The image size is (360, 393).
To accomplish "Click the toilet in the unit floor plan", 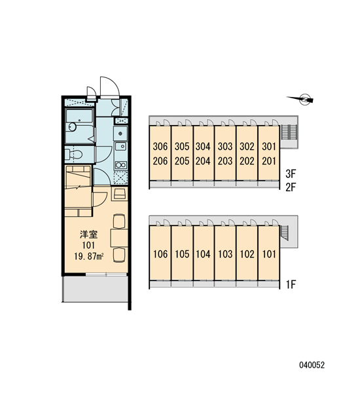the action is (x=74, y=154).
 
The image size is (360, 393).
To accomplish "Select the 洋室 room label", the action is (x=88, y=234).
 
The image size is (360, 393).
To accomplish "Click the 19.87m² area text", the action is (x=89, y=257).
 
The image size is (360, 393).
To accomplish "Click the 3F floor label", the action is (x=291, y=174).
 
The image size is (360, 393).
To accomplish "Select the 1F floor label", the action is (x=291, y=284).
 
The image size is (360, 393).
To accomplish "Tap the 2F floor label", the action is (x=291, y=187).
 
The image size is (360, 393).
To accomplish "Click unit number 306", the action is (x=160, y=146).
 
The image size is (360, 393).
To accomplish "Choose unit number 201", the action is (x=269, y=161).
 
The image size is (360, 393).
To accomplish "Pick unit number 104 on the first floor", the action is (x=203, y=254).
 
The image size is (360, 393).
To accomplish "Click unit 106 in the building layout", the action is (x=160, y=254).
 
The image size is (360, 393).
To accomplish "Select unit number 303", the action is (x=225, y=146).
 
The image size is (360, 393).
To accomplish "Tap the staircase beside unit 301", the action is (x=289, y=132).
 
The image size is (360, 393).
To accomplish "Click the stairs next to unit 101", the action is (x=285, y=233).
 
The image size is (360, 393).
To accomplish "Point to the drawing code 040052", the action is (x=312, y=365).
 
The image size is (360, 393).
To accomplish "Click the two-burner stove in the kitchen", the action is (x=120, y=165).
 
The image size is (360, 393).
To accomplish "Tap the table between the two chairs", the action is (x=119, y=238).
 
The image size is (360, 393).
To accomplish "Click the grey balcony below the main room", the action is (x=95, y=289).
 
